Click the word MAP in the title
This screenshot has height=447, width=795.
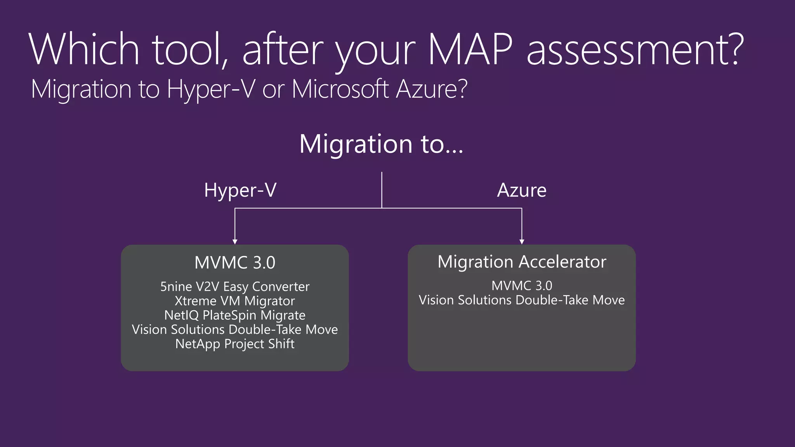click(x=470, y=49)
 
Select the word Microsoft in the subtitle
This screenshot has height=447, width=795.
click(x=340, y=89)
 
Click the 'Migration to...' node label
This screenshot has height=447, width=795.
click(x=381, y=144)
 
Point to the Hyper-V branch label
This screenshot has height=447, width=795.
click(x=240, y=190)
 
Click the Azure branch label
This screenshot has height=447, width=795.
click(x=522, y=190)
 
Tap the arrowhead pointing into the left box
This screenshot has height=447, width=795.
click(x=235, y=241)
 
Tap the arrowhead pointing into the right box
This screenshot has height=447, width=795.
click(x=522, y=241)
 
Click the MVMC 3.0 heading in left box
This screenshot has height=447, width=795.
click(x=235, y=263)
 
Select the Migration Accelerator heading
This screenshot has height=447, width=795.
click(x=522, y=262)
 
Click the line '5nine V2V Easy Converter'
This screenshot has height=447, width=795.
click(x=235, y=287)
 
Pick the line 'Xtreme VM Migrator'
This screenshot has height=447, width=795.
click(x=235, y=301)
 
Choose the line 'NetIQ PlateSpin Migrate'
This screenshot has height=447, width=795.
click(x=235, y=315)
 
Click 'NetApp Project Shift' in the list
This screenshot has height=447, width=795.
click(x=235, y=344)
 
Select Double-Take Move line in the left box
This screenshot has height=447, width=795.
click(x=235, y=329)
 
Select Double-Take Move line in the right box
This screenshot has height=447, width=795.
click(x=522, y=300)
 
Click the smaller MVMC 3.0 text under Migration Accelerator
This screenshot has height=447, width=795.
click(x=522, y=286)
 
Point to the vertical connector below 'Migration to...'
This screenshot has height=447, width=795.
click(x=382, y=190)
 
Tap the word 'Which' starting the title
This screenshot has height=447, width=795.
click(x=84, y=49)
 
